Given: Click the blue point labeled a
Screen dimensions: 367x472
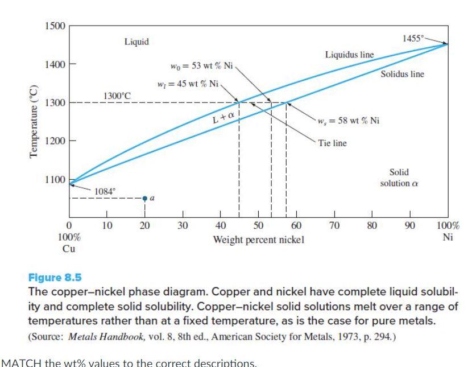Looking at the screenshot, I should point(145,198).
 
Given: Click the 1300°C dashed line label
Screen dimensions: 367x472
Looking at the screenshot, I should point(117,95).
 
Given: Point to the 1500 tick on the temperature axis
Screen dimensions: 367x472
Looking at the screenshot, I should point(55,26).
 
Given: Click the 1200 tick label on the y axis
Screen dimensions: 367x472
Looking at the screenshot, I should point(55,141).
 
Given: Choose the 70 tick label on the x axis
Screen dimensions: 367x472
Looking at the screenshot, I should point(335,226).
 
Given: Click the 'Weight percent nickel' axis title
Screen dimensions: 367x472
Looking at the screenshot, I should point(259,240).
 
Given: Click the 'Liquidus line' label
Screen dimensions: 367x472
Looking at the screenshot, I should point(349,55).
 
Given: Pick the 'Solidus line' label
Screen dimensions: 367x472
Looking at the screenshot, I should point(403,74).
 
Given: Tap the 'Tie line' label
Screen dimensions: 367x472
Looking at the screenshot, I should point(333,143).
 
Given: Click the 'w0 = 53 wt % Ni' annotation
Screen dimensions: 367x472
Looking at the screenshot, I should point(202,65).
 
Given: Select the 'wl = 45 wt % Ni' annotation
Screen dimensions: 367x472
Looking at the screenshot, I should point(188,84).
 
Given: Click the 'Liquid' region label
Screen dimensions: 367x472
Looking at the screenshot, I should point(136,42).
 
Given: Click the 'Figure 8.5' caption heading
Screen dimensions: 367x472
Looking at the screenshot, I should point(55,278).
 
